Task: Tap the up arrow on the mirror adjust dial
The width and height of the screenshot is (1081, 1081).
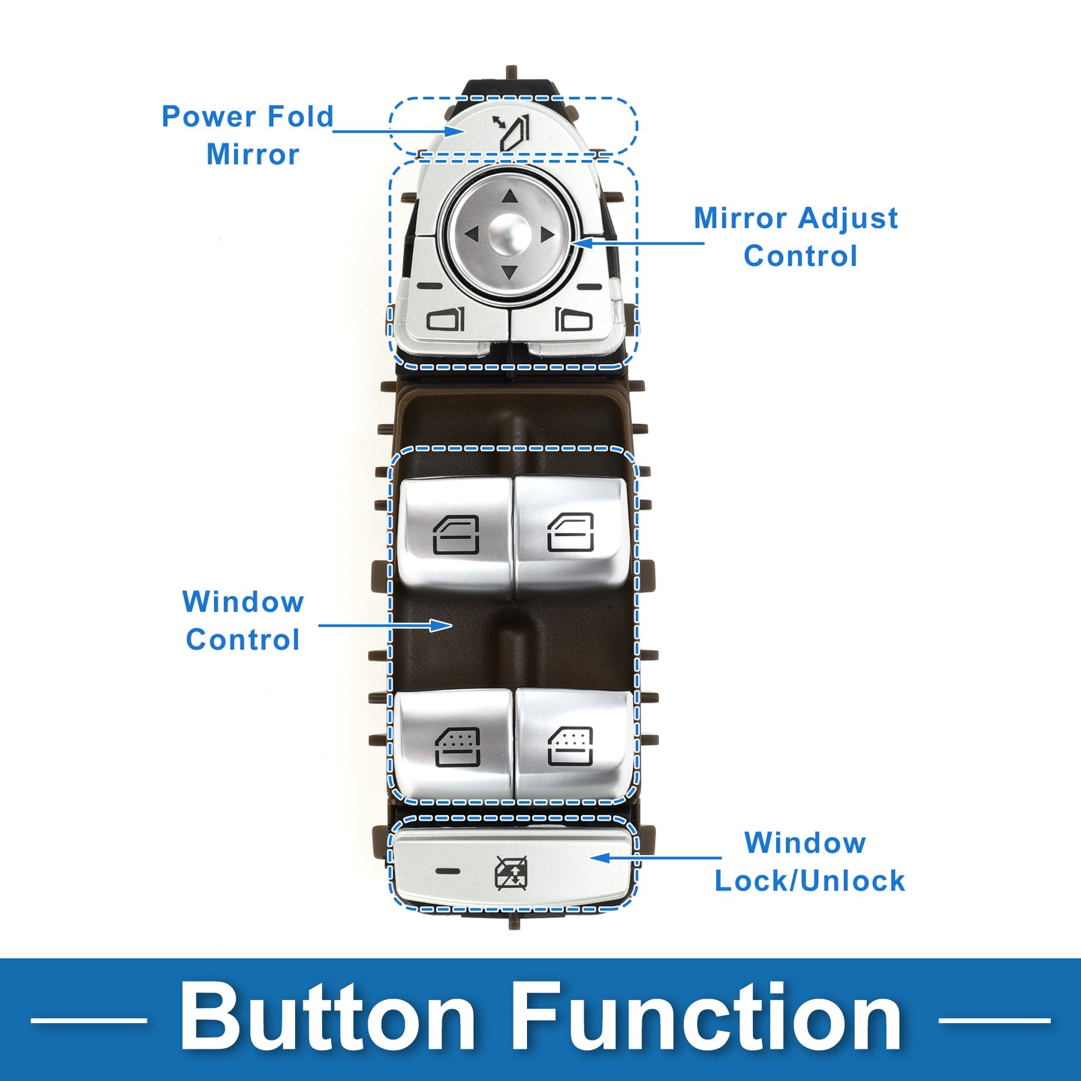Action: [510, 197]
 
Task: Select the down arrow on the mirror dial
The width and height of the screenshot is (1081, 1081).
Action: [510, 272]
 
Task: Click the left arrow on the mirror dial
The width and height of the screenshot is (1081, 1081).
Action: [471, 235]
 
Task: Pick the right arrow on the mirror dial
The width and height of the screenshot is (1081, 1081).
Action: [548, 235]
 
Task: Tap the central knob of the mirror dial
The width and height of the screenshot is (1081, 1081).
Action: [510, 233]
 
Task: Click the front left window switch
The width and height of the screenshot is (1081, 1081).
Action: [456, 534]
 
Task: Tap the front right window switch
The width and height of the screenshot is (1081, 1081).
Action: [571, 532]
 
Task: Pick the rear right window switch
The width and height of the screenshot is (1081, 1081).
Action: [571, 745]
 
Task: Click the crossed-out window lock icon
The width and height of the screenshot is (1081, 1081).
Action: [511, 872]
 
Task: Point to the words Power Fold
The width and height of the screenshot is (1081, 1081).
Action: [248, 116]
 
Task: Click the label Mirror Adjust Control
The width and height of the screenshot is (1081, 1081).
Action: [796, 236]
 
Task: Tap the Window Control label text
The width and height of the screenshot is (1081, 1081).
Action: [243, 620]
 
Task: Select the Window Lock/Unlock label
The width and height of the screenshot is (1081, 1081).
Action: [808, 861]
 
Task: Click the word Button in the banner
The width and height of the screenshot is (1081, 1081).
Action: [327, 1018]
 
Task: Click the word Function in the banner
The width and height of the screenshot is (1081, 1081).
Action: [707, 1018]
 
